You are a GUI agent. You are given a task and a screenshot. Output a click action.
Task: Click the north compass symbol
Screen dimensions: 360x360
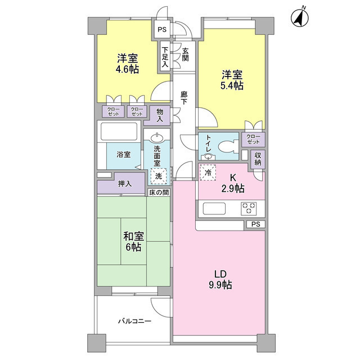[x=300, y=17]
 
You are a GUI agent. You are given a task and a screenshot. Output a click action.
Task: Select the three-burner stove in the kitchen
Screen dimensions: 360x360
[x=249, y=209]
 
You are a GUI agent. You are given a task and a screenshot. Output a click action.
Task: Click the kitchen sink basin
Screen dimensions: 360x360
[x=214, y=209]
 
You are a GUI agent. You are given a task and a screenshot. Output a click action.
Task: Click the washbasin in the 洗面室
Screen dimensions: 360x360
[x=157, y=137]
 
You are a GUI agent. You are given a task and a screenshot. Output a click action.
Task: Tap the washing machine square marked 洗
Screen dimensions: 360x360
[x=159, y=176]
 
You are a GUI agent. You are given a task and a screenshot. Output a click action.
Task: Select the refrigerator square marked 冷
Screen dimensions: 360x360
[x=208, y=173]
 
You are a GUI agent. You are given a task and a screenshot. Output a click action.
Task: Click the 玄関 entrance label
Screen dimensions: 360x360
[x=185, y=55]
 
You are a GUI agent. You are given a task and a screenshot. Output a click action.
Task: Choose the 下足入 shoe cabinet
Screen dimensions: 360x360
[x=165, y=56]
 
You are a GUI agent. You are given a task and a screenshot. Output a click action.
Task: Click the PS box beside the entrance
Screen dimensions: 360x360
[x=162, y=29]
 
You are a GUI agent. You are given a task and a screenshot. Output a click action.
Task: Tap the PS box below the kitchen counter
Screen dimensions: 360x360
[x=255, y=224]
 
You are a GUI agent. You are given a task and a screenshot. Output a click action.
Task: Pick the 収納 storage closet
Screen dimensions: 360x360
[x=258, y=159]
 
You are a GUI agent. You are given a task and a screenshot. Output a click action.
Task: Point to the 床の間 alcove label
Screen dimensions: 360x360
[x=159, y=192]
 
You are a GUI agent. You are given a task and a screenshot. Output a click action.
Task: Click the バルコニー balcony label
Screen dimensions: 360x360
[x=135, y=321]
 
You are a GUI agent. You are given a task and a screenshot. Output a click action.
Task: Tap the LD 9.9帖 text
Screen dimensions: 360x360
[x=220, y=280]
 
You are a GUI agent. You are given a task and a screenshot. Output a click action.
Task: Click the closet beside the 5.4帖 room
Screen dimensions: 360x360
[x=253, y=139]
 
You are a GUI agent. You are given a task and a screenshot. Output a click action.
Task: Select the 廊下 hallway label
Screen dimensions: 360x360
[x=184, y=98]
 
